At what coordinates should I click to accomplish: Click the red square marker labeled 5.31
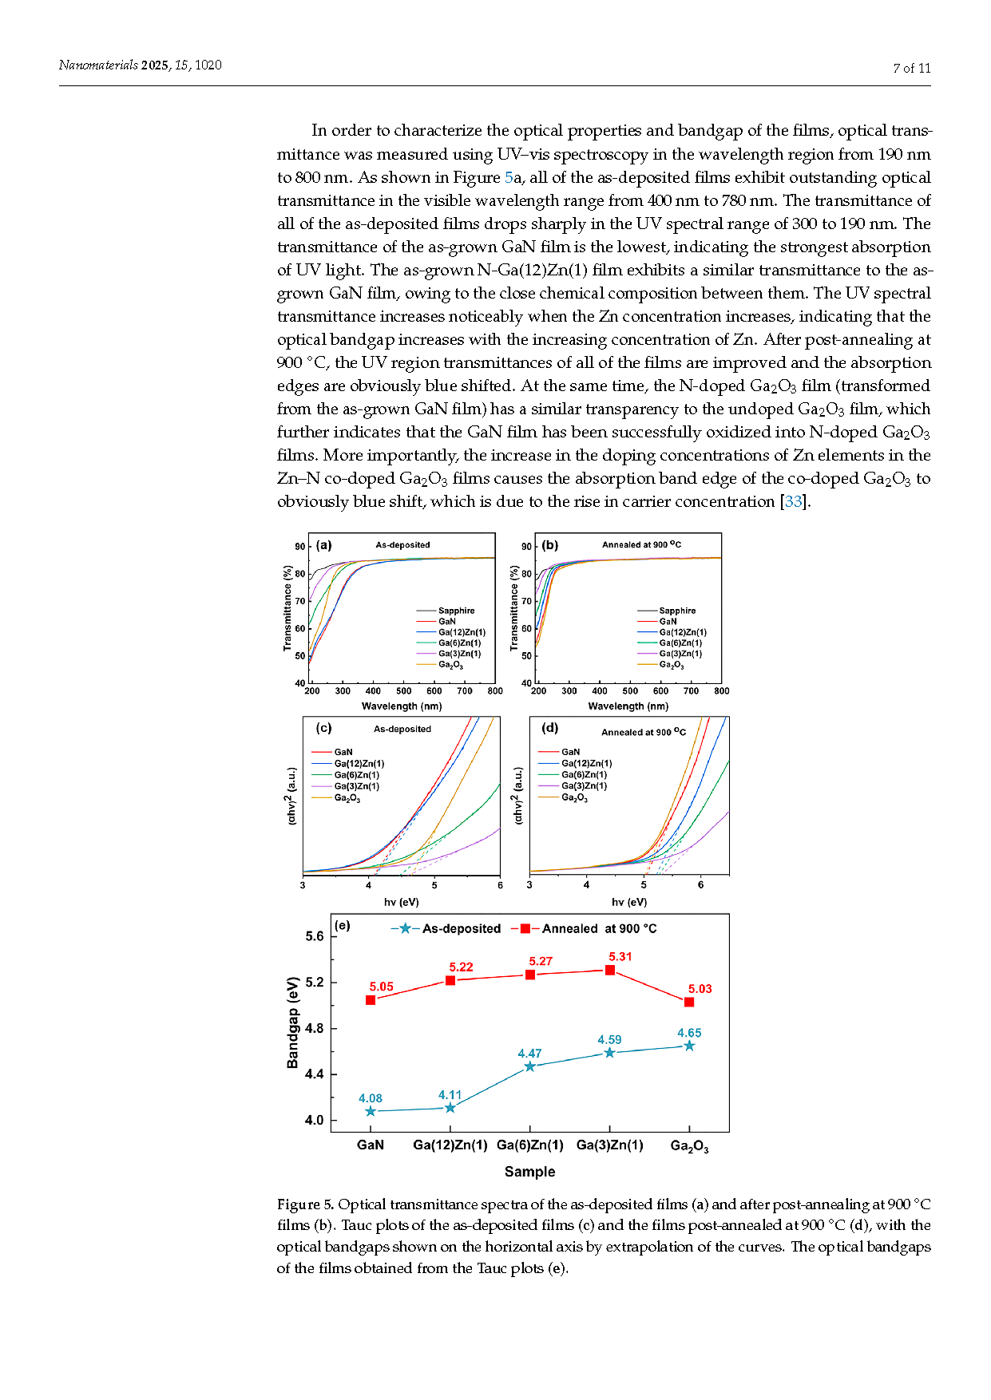coord(610,970)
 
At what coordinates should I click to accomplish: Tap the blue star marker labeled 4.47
coord(529,1066)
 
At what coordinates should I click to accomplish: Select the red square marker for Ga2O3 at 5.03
coord(689,1002)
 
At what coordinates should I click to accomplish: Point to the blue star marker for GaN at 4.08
coord(371,1111)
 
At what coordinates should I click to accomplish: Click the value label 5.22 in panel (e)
coord(461,967)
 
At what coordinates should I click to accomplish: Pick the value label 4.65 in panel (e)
coord(689,1033)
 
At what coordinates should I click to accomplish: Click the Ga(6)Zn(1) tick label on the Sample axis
coord(530,1145)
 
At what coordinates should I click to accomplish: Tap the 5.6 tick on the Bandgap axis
coord(315,936)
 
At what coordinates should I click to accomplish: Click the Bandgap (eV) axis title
coord(293,1022)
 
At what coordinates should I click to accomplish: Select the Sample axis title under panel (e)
coord(529,1172)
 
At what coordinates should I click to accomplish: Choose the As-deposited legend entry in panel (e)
coord(446,928)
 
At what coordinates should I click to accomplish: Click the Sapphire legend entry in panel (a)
coord(446,611)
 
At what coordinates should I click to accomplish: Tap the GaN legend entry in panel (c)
coord(332,752)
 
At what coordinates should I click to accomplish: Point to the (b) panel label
coord(550,545)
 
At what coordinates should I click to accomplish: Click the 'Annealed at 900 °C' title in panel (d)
coord(644,731)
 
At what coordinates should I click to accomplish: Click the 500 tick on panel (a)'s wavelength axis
coord(404,691)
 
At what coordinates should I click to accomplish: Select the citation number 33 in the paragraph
coord(793,501)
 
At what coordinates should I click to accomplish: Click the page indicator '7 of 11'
coord(912,69)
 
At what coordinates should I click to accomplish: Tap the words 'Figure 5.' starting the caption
coord(305,1204)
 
